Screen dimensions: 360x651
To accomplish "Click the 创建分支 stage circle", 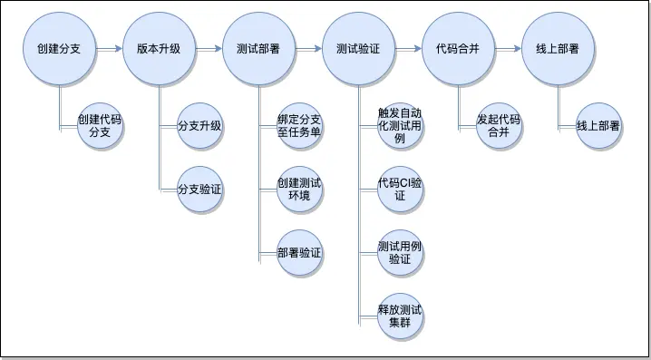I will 59,49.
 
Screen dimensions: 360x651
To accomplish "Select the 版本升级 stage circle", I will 159,49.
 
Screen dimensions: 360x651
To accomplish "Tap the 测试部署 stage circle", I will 257,49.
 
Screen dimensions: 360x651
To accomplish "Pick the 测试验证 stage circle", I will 357,49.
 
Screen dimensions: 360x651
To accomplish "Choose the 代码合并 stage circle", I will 458,49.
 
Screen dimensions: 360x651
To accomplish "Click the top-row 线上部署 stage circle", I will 558,49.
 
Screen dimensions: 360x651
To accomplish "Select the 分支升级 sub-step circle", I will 199,125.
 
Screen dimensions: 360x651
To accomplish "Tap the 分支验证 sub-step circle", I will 199,190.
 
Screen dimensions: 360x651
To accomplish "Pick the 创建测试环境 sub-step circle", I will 299,190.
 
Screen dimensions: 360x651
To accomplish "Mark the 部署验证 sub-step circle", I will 299,253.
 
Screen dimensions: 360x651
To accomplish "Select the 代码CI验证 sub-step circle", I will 400,190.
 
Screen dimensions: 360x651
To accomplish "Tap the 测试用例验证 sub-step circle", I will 400,253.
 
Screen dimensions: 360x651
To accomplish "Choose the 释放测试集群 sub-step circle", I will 400,317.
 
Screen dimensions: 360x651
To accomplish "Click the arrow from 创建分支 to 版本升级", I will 109,49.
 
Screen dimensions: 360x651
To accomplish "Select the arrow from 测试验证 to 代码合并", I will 408,49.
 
